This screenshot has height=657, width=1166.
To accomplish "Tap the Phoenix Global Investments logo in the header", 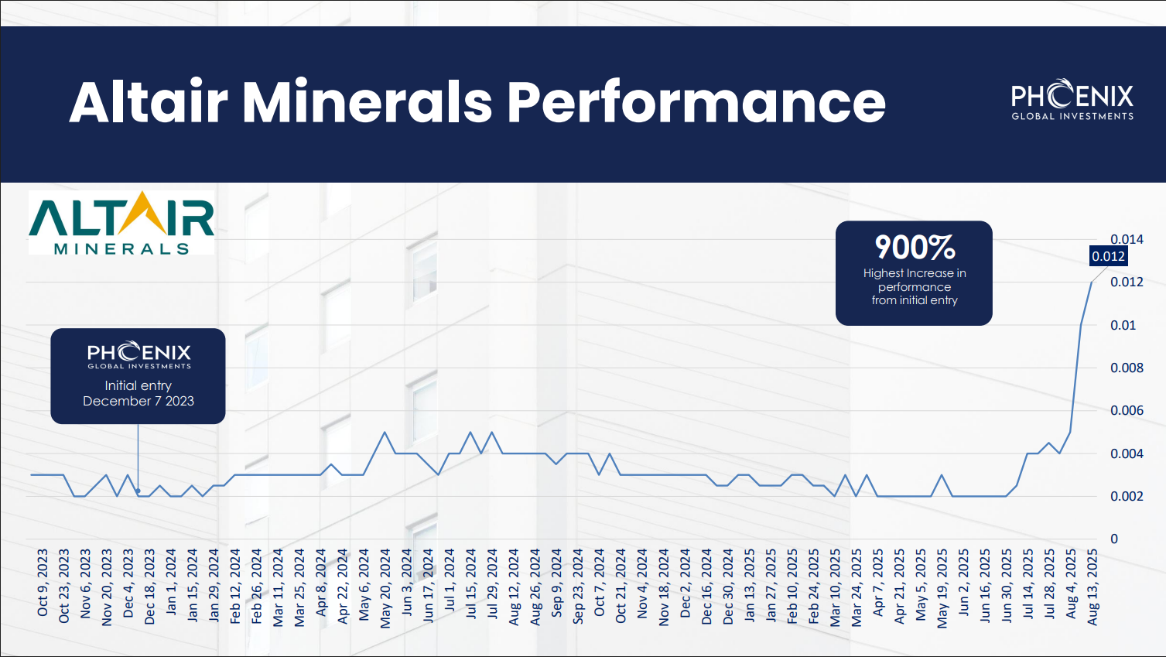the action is coord(1072,99).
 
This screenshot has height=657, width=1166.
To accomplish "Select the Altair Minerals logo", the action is coord(121,223).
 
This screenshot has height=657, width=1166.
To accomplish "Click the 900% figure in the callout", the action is coord(915,248).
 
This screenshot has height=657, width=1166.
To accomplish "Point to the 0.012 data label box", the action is coord(1108,256).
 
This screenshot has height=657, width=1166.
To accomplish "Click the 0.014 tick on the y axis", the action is coord(1127,239).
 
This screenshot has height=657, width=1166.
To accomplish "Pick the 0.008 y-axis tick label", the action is coord(1127,368).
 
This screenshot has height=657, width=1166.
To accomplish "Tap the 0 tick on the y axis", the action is coord(1114,539).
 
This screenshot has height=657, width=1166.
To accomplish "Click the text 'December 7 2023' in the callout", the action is coord(138,401).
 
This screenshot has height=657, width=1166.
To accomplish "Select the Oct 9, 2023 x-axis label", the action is coord(43,583).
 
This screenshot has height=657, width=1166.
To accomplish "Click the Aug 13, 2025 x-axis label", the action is coord(1092,587).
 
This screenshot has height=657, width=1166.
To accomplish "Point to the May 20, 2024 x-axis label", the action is coord(385,588).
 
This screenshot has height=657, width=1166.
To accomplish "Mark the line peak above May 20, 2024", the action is coord(385,432).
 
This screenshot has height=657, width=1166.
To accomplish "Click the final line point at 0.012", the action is coord(1092,282).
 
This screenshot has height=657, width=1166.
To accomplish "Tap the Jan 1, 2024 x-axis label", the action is coord(171,581).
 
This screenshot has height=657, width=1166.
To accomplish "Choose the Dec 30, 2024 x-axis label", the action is coord(728,587).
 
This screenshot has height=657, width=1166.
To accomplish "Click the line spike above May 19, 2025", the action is coord(941,475).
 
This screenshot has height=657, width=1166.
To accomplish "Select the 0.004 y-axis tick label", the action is coord(1127,453).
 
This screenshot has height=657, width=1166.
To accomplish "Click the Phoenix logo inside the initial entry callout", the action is coord(139,355).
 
